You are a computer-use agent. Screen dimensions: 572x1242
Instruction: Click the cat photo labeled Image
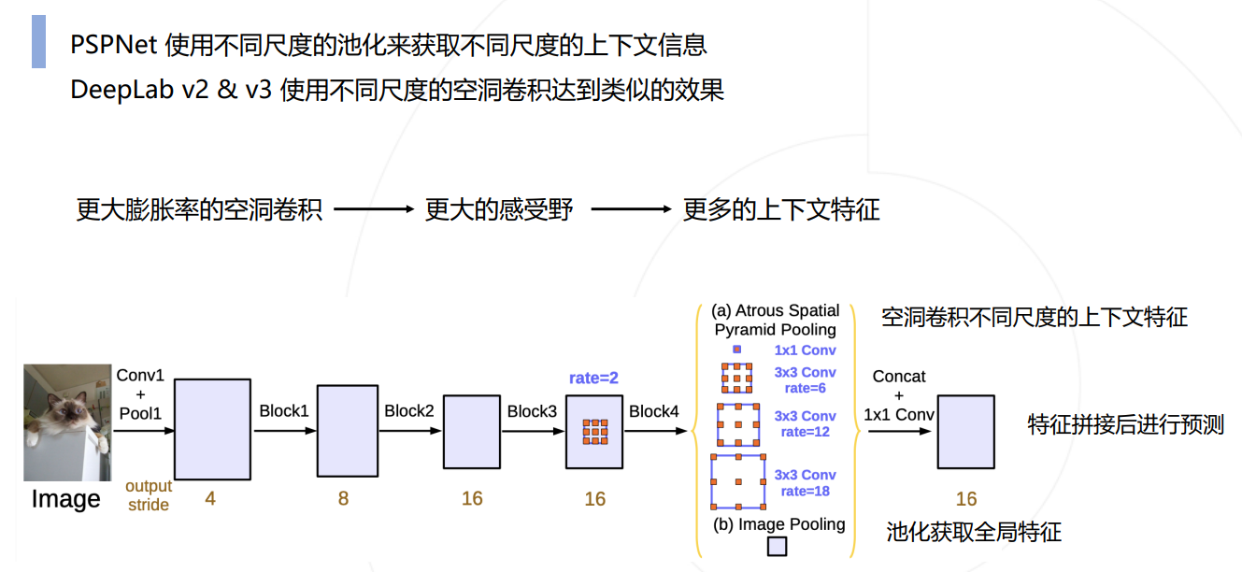[x=67, y=422]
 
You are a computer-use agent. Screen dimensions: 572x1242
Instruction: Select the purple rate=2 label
[x=593, y=379]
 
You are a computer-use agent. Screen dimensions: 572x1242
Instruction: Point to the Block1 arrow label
[x=284, y=411]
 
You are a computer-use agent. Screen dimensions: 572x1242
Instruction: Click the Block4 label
[x=653, y=411]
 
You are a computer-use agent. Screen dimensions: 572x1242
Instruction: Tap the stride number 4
[x=210, y=499]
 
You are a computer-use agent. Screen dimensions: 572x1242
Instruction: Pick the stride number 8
[x=343, y=499]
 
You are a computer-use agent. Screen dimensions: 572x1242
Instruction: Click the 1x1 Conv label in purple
[x=805, y=350]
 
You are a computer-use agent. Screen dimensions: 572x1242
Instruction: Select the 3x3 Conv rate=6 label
[x=805, y=380]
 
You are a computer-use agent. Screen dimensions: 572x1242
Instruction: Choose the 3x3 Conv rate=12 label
[x=805, y=423]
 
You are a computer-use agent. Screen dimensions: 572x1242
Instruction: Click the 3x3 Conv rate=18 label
[x=805, y=482]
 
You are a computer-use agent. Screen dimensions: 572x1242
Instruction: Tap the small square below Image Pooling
[x=777, y=547]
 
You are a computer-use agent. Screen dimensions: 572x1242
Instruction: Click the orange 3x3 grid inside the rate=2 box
[x=594, y=431]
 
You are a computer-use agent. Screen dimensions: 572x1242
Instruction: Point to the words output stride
[x=149, y=495]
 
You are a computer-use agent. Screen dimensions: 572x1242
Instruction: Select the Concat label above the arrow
[x=899, y=377]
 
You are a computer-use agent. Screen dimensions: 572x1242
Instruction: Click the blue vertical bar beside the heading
[x=38, y=41]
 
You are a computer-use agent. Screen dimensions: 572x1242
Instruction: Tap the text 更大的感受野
[x=499, y=209]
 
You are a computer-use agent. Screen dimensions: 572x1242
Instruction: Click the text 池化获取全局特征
[x=974, y=533]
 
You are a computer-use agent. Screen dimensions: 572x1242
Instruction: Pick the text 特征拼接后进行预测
[x=1125, y=424]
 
